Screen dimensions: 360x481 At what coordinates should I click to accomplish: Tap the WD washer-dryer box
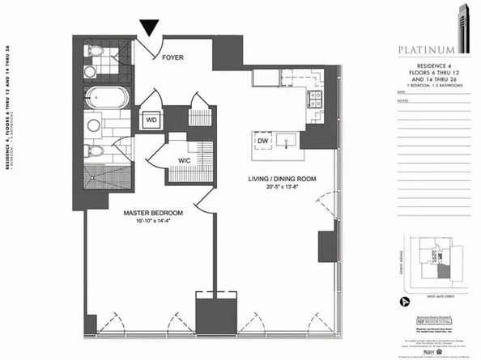151,121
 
